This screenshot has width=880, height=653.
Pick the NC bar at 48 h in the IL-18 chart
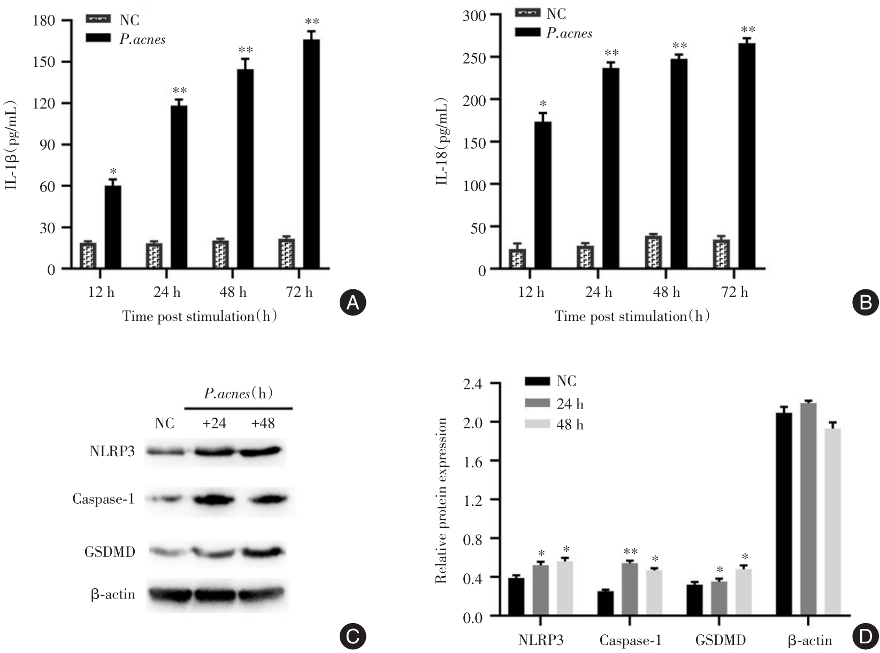(653, 252)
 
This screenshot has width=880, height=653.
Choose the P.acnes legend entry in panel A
(126, 39)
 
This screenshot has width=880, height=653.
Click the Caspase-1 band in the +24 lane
(214, 501)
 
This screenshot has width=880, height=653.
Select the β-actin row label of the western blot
(112, 594)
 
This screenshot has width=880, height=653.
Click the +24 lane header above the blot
(214, 424)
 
